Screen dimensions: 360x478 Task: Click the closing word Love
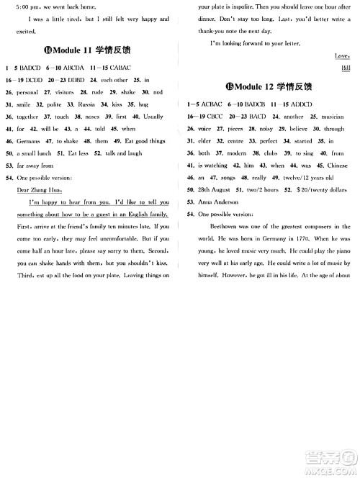(x=342, y=55)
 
